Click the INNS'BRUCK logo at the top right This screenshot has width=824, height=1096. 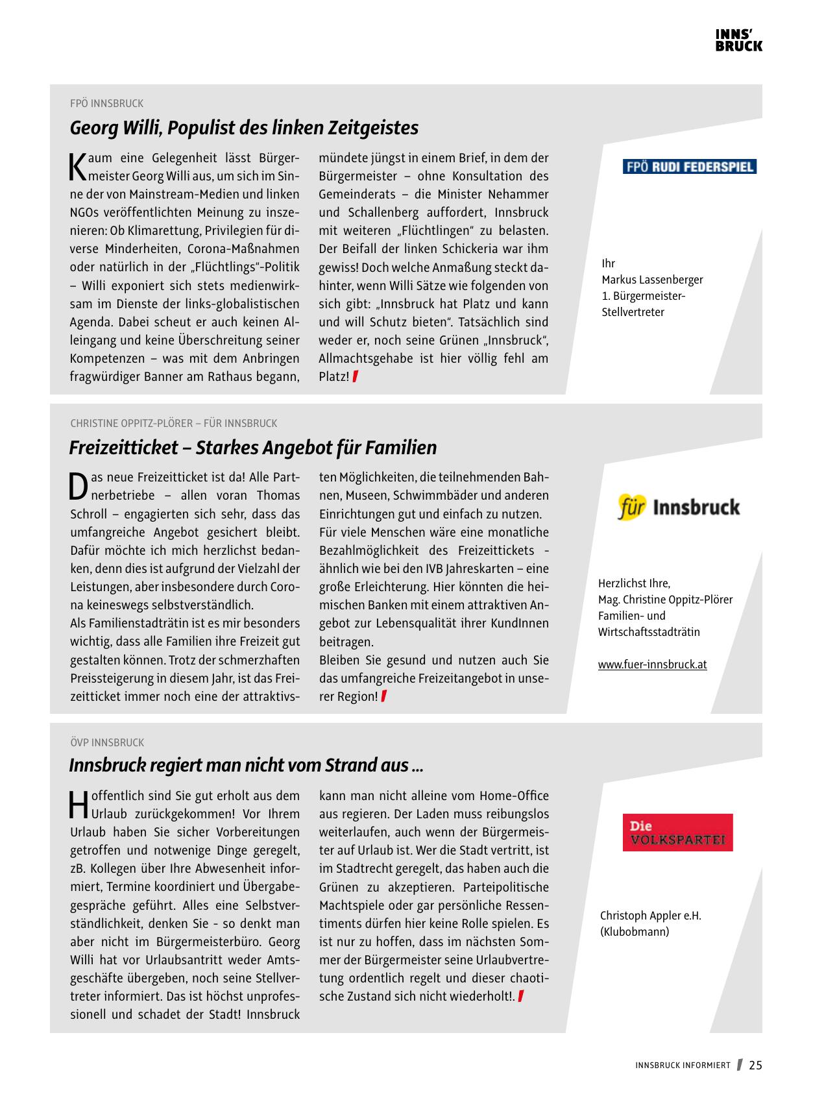coord(738,40)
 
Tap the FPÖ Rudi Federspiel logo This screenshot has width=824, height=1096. coord(690,167)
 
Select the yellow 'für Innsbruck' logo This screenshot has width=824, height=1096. coord(678,507)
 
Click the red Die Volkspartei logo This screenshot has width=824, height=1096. coord(677,833)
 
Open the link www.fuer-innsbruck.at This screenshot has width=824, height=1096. coord(652,664)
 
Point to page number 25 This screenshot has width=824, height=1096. coord(755,1066)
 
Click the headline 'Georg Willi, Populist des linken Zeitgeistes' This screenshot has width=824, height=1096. coord(244,128)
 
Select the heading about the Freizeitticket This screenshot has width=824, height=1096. coord(253,448)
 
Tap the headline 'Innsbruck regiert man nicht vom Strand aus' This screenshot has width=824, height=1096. coord(246,766)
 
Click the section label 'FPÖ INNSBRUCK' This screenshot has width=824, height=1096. coord(106,104)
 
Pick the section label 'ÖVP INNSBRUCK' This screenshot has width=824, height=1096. coord(106,742)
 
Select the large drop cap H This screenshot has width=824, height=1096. coord(78,805)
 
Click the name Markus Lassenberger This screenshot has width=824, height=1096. coord(652,280)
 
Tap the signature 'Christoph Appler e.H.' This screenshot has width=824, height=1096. coord(650,916)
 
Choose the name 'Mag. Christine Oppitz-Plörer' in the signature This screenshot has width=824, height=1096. coord(665,600)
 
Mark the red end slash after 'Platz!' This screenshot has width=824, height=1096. coord(356,376)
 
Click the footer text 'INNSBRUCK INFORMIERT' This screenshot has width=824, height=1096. coord(683,1066)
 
